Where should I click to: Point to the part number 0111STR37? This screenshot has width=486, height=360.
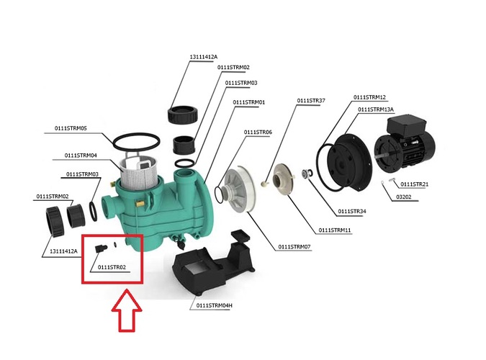pos(311,100)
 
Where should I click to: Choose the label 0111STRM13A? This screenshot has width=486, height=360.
pos(380,109)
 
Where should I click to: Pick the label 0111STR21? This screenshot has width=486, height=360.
pos(415,184)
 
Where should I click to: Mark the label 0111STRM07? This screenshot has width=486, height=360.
pos(294,247)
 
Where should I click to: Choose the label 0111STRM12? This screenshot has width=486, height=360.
pos(369,97)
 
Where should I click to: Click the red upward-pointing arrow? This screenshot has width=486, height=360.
pos(127,310)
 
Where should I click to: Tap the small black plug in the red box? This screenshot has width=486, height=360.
pos(99,248)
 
